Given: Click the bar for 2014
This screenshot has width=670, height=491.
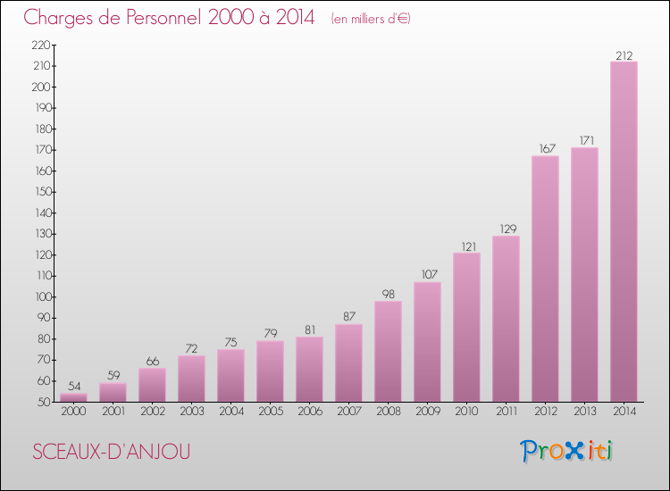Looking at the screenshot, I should pyautogui.click(x=624, y=232).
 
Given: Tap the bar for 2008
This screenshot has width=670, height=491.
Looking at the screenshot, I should pyautogui.click(x=388, y=351).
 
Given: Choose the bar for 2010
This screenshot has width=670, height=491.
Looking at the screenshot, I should pyautogui.click(x=466, y=327).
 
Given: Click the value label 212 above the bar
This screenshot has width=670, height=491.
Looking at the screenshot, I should pyautogui.click(x=624, y=55).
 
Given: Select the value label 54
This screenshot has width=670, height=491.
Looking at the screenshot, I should pyautogui.click(x=73, y=387).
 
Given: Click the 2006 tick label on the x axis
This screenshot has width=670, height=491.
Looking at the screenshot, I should pyautogui.click(x=309, y=412).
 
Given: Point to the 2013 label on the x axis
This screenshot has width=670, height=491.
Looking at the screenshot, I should pyautogui.click(x=584, y=412).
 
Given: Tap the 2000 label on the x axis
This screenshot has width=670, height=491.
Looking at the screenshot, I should pyautogui.click(x=73, y=412).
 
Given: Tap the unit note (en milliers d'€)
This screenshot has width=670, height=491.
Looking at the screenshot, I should pyautogui.click(x=370, y=19).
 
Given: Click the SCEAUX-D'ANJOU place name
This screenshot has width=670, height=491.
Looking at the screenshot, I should pyautogui.click(x=112, y=452).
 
